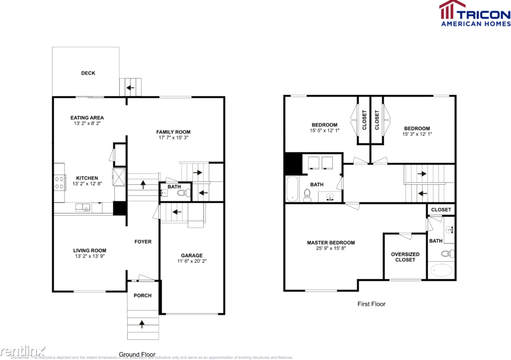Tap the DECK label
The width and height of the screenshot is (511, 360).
point(88,73)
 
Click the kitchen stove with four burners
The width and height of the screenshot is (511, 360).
point(59,181)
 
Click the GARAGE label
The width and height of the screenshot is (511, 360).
point(192,255)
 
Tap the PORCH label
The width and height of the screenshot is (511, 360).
point(142,296)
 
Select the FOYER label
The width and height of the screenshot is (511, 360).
point(142,242)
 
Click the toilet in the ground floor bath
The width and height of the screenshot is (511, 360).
point(181,193)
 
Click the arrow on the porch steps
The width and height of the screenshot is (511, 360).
point(141,324)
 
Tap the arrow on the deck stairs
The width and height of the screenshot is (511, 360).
point(131,88)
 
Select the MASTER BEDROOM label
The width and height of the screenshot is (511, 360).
point(331,243)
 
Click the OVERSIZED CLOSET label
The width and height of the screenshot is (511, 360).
point(405,257)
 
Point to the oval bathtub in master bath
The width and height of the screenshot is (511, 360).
point(441,270)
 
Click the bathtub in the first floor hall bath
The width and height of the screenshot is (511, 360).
point(292,189)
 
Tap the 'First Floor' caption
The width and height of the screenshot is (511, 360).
point(371,304)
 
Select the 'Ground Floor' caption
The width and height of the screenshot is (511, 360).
point(137,354)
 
